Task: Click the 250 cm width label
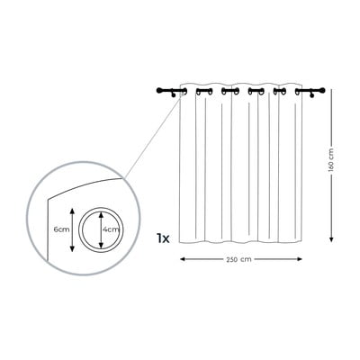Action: coord(238,259)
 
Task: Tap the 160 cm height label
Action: coord(331,160)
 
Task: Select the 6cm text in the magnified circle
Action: coord(61,229)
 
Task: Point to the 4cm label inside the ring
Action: coord(111,229)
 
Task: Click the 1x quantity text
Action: coord(163,238)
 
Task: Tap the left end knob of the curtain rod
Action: coord(159,90)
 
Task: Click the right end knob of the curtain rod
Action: coord(322,90)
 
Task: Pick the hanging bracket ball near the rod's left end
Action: coord(173,95)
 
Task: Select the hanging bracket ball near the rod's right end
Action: coord(312,95)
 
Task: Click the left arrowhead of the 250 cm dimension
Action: coord(182,259)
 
